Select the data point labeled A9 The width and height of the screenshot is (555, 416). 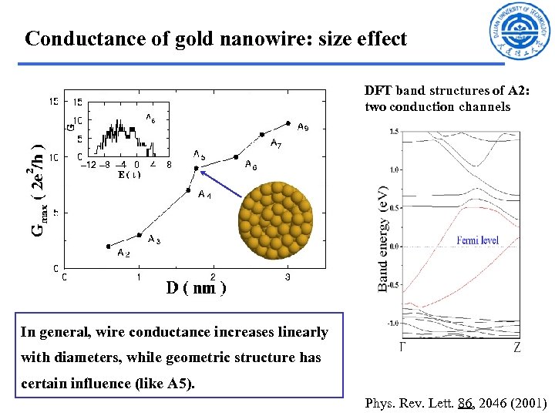point(288,122)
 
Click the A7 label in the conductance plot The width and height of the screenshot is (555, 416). point(275,143)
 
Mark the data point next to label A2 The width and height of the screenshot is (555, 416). point(108,246)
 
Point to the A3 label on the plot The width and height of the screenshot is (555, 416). point(154,240)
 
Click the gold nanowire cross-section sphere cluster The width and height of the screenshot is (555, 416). point(275,220)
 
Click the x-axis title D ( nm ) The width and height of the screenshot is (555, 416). point(196,288)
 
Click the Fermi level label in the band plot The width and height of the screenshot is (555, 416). point(478,240)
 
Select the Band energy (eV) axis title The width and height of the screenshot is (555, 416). point(382,238)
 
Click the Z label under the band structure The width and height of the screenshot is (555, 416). point(516,348)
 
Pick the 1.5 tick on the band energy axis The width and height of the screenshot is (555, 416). point(393,132)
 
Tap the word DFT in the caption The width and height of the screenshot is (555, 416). point(378,92)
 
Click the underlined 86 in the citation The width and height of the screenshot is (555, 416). point(465,403)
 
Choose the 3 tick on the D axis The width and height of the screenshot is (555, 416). point(288,276)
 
